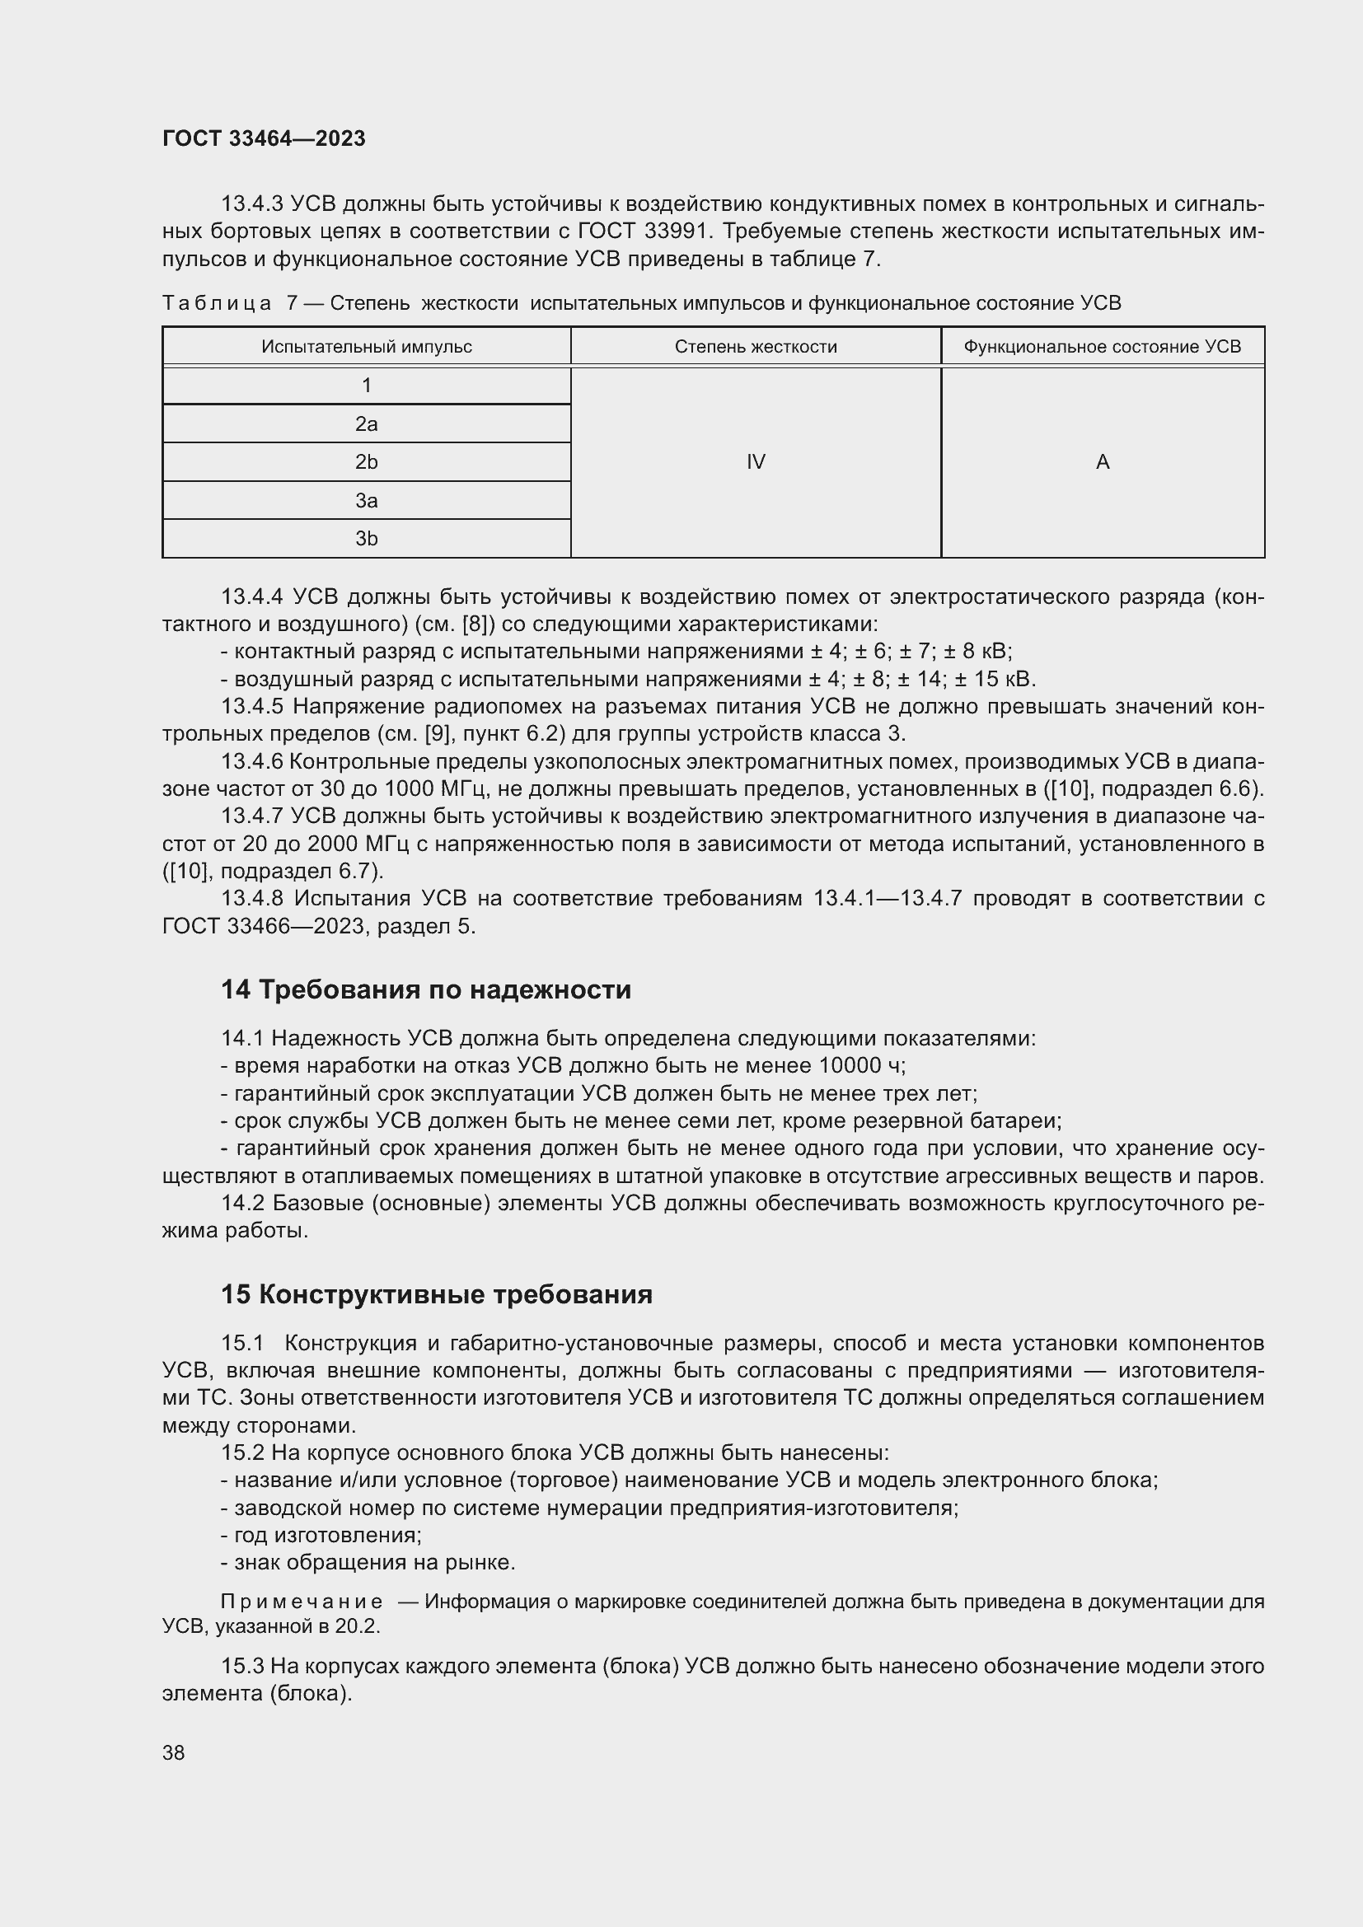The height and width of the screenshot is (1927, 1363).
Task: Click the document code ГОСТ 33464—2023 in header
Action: click(264, 138)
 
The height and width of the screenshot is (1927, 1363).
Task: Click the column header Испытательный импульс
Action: click(366, 347)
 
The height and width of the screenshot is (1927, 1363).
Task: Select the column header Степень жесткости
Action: click(756, 347)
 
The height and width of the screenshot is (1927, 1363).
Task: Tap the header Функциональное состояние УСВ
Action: click(1102, 347)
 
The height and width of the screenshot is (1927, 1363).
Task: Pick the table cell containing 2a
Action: click(366, 423)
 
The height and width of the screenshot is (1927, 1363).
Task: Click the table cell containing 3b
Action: click(366, 539)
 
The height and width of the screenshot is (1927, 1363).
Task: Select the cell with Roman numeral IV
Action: click(756, 461)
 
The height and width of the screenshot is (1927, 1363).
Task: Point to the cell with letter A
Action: click(1102, 461)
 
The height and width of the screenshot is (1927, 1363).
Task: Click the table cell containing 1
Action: click(366, 386)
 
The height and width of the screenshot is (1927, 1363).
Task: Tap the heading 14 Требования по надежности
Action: click(425, 989)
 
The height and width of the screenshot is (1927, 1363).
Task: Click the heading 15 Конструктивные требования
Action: click(437, 1294)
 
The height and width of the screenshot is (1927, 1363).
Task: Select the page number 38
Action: click(174, 1752)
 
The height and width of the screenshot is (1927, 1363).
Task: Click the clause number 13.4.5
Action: click(253, 707)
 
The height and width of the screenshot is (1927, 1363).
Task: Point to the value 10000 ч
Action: click(858, 1066)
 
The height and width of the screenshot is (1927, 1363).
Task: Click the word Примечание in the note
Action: click(302, 1602)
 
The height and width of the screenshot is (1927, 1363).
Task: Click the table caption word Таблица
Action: click(217, 303)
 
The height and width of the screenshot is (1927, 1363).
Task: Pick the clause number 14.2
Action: click(242, 1204)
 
